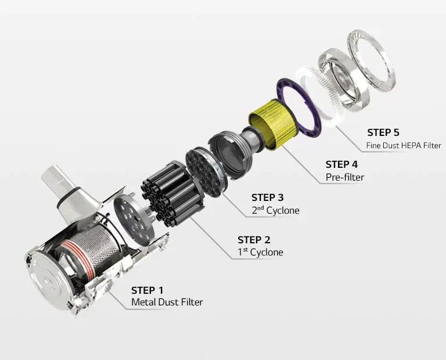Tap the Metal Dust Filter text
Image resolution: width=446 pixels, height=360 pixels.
coord(167,303)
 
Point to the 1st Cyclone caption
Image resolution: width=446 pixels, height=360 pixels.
coord(261,253)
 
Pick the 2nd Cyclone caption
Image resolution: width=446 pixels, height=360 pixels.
coord(275,210)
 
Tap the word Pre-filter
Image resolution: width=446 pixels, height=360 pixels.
coord(345,177)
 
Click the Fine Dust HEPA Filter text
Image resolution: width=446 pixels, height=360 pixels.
coord(404,146)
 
